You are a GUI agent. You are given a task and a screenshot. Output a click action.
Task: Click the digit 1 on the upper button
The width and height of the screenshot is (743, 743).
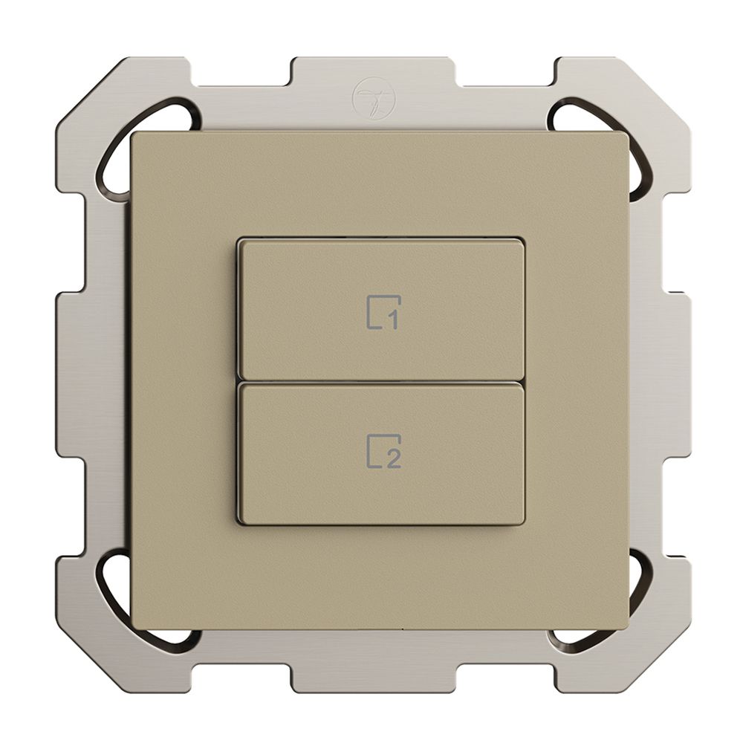[392, 321]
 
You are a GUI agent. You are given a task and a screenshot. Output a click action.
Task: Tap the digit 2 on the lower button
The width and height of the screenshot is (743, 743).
[393, 459]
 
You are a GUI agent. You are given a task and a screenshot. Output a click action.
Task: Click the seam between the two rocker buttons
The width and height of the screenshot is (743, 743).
[380, 381]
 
